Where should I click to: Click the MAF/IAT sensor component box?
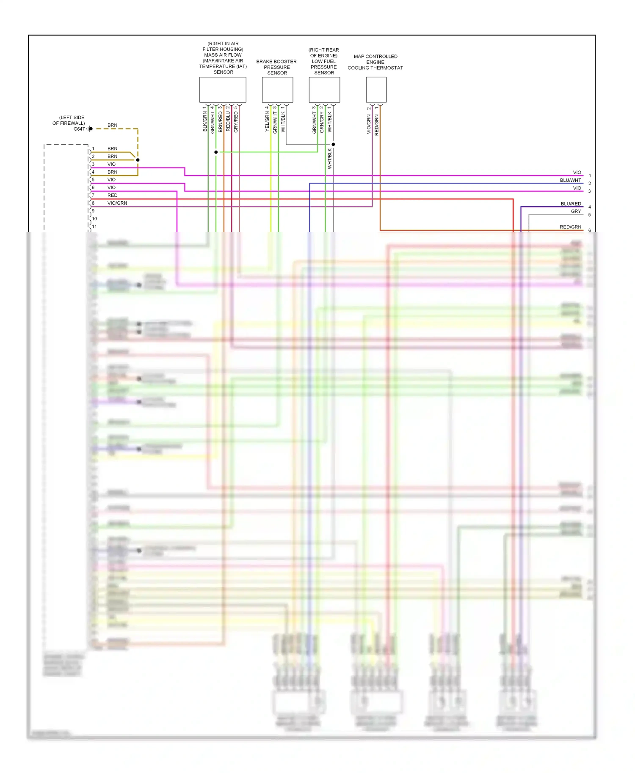pos(223,90)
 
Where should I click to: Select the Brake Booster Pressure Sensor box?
pos(277,90)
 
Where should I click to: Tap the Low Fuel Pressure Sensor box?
pos(324,90)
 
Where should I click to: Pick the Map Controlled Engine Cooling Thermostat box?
pos(376,90)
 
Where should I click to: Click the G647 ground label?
pos(79,129)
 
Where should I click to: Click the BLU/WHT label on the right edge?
pos(570,181)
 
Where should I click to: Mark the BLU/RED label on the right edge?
pos(571,204)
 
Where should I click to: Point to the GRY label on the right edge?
pos(576,211)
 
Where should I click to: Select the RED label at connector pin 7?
pos(112,195)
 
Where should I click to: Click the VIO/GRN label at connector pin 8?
pos(117,203)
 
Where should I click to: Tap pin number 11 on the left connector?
pos(94,227)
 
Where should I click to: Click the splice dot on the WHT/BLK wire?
pos(333,145)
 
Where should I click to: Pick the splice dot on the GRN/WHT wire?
pos(216,152)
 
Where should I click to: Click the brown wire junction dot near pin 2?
pos(138,160)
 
